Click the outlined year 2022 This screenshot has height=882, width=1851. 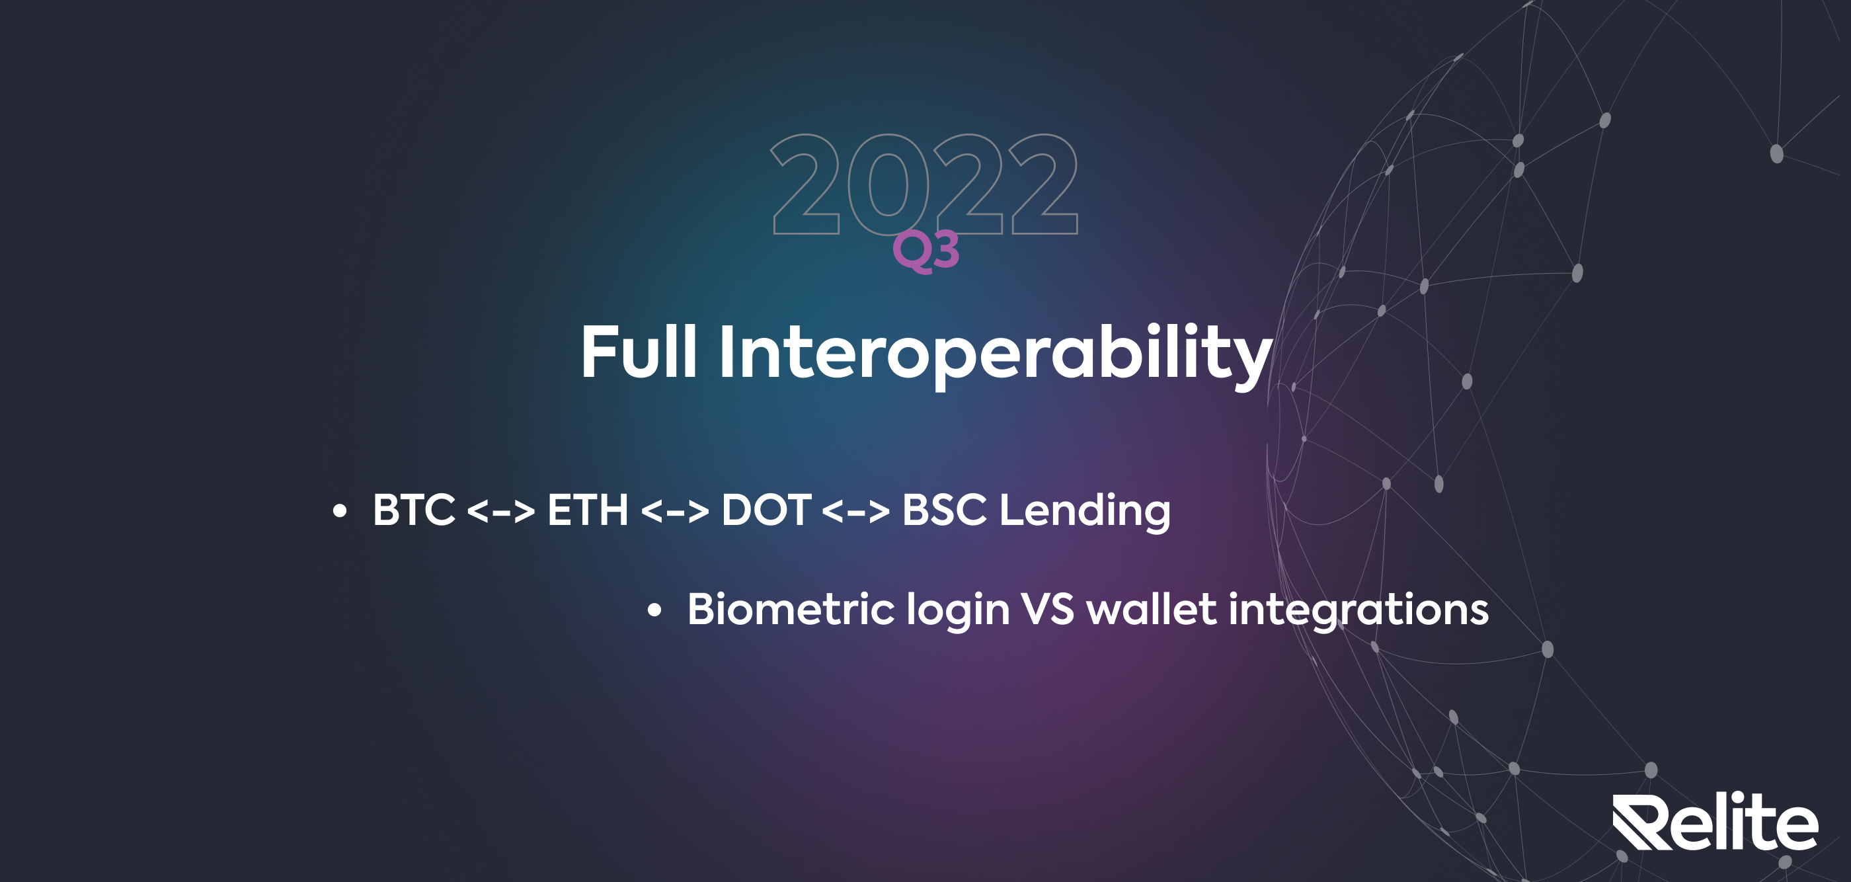tap(924, 184)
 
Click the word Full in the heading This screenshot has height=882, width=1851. tap(639, 352)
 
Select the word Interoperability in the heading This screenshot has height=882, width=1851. tap(995, 356)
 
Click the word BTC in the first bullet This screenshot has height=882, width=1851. tap(414, 510)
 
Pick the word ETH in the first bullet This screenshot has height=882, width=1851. tap(588, 510)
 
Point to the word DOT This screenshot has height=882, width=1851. tap(766, 510)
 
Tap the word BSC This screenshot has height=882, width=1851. tap(944, 510)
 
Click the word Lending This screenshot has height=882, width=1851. tap(1085, 512)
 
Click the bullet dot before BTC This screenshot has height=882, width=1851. tap(340, 511)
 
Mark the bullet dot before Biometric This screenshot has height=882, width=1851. tap(654, 610)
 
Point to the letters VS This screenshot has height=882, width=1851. tap(1048, 610)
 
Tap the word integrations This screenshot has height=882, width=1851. tap(1359, 612)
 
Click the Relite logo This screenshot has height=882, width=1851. tap(1715, 822)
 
